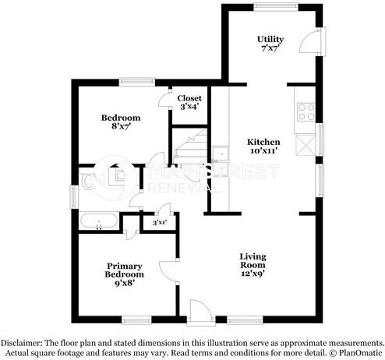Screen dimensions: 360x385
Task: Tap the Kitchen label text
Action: (x=263, y=146)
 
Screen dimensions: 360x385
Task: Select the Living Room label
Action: (x=254, y=261)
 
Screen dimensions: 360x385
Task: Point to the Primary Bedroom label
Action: (x=125, y=270)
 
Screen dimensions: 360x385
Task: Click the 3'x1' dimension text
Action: (x=160, y=223)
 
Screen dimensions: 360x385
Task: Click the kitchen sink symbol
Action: (x=221, y=153)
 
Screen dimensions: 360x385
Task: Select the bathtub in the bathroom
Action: (x=99, y=221)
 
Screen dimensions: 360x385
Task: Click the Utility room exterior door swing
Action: (x=312, y=41)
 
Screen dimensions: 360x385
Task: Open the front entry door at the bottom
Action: (x=200, y=309)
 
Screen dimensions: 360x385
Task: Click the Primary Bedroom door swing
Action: (x=168, y=271)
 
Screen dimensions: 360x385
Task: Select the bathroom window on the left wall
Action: (x=74, y=196)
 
